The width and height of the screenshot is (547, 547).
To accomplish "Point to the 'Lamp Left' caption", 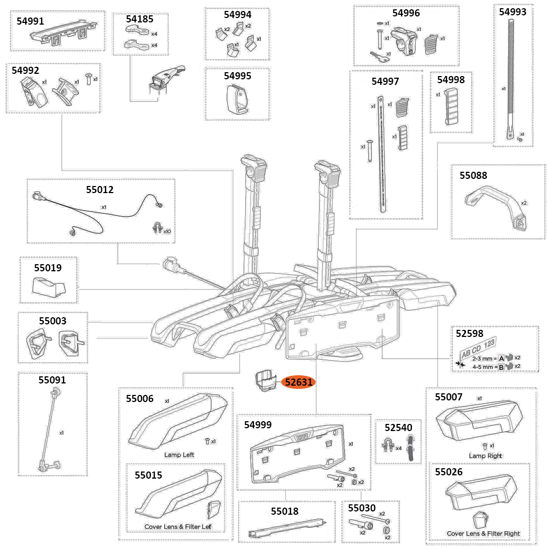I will point(179,455).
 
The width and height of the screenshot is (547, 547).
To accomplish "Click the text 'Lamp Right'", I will point(485,456).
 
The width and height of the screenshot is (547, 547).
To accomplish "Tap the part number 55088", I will point(473,176).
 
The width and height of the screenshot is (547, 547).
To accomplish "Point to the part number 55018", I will point(284,511).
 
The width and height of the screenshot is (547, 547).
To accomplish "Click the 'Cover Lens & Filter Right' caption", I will point(483,533).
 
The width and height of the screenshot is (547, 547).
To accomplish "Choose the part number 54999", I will point(258,424).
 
